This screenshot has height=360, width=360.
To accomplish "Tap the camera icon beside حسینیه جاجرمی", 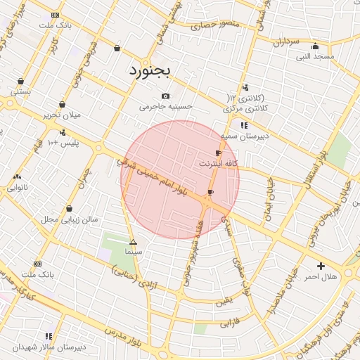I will pyautogui.click(x=165, y=96).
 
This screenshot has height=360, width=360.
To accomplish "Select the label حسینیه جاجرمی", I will pyautogui.click(x=165, y=107).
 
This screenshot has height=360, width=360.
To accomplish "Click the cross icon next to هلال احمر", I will pyautogui.click(x=321, y=266).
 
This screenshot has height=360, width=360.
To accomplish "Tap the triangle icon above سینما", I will pyautogui.click(x=133, y=242).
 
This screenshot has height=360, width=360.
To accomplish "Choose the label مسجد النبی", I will pyautogui.click(x=314, y=56).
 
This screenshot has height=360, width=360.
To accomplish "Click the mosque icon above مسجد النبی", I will pyautogui.click(x=314, y=46).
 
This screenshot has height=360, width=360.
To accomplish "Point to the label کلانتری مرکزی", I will pyautogui.click(x=241, y=109).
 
